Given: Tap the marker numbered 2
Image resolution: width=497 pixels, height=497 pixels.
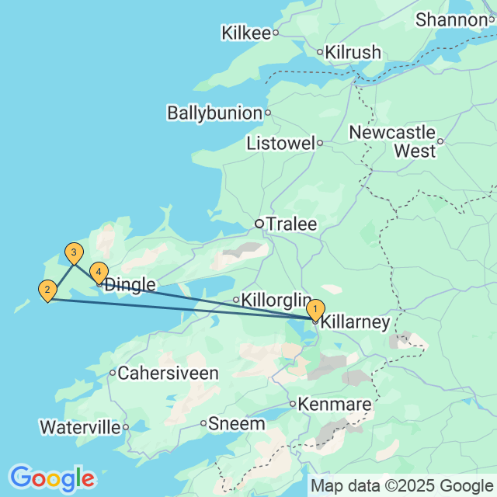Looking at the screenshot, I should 47,291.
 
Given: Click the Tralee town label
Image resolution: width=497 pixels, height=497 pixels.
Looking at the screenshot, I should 291,224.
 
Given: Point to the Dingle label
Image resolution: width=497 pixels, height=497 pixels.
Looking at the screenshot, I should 130,285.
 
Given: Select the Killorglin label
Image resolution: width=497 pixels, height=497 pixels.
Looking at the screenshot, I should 276,300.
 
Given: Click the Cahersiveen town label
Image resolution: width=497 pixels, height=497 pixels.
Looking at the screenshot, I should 168,374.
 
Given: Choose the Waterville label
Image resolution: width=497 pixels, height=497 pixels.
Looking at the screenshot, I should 80,427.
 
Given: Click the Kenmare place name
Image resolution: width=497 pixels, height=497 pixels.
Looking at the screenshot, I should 335,405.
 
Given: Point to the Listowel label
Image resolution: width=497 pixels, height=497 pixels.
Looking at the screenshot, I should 280,144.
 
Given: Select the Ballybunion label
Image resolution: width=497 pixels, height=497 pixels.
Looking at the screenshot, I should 214,113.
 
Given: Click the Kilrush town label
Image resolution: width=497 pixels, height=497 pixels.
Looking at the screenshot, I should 353,53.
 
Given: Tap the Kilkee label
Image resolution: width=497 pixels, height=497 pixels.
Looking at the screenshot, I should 245,33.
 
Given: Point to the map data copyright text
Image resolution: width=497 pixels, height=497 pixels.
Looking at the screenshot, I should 401,487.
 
